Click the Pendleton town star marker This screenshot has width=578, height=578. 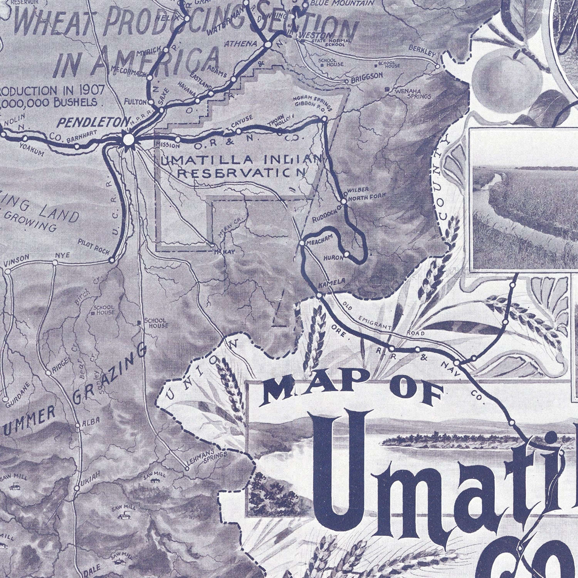click(129, 138)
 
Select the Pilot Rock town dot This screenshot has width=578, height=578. click(112, 260)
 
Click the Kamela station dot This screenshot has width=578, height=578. click(319, 295)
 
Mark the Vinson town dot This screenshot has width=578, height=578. click(8, 271)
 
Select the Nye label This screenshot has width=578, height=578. click(62, 255)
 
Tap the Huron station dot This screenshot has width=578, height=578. click(347, 254)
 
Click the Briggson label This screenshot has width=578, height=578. click(366, 76)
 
